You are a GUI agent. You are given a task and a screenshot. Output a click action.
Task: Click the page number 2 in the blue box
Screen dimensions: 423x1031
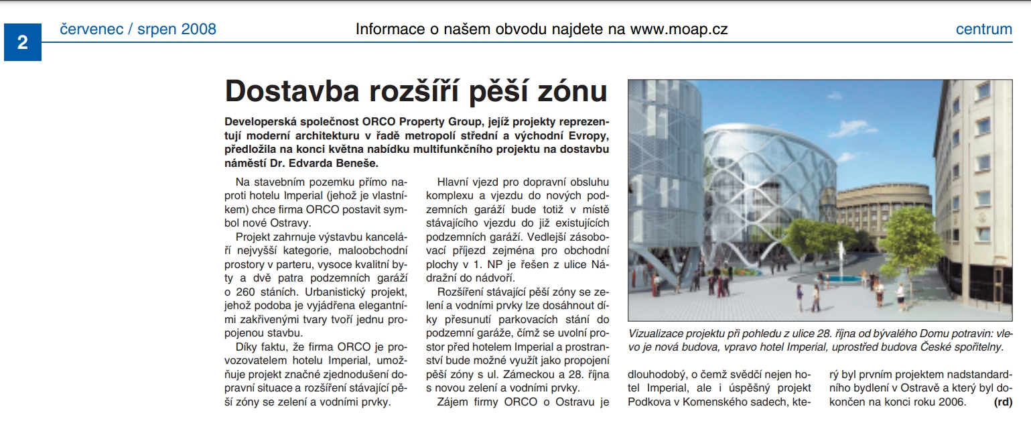pyautogui.click(x=23, y=43)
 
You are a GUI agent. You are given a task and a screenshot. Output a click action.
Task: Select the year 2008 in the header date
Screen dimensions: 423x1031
pyautogui.click(x=198, y=29)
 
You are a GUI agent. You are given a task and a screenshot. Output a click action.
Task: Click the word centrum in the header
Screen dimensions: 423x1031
pyautogui.click(x=983, y=29)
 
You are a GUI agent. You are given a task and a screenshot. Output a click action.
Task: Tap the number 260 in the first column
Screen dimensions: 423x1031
pyautogui.click(x=249, y=292)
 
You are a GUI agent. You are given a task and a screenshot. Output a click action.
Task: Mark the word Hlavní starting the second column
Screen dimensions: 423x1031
pyautogui.click(x=457, y=182)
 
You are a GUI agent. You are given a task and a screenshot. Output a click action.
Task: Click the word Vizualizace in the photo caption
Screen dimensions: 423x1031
pyautogui.click(x=658, y=333)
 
